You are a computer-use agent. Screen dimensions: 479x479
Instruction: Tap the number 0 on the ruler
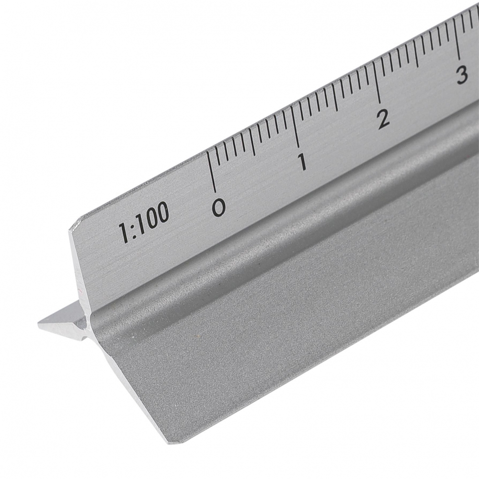[x=219, y=207]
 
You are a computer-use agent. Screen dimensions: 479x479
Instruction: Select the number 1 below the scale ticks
[x=302, y=161]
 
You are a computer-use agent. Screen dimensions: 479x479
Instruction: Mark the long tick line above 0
[x=211, y=171]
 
